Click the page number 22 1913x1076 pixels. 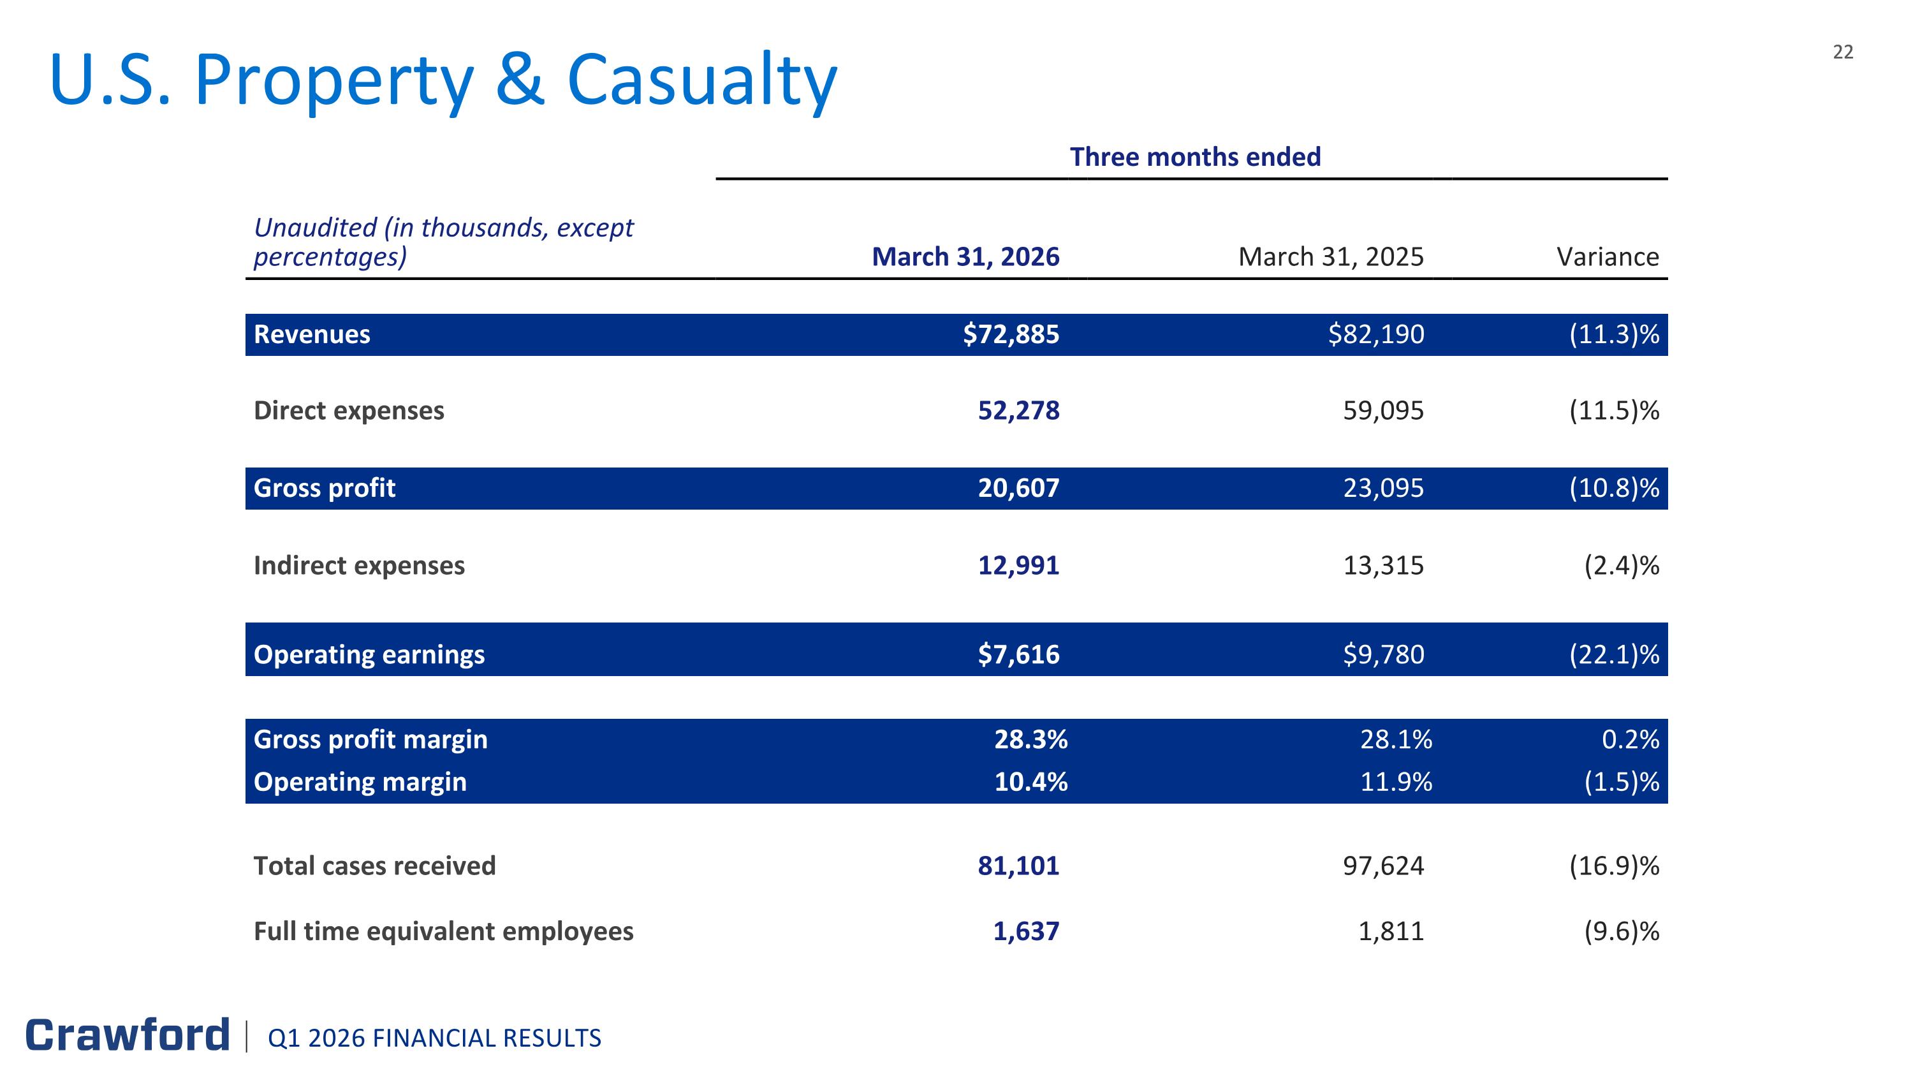point(1843,52)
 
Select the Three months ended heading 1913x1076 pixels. point(1195,157)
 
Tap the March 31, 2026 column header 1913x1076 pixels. point(965,256)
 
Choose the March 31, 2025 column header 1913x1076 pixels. point(1331,256)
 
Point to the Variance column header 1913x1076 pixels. point(1608,256)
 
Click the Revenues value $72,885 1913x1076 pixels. point(1011,334)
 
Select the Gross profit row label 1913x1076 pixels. point(325,488)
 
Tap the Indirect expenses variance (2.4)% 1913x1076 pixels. point(1622,566)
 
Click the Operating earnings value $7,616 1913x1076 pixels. point(1018,654)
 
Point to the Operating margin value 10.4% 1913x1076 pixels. point(1030,781)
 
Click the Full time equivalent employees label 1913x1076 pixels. point(443,931)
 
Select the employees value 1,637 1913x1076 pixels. point(1026,931)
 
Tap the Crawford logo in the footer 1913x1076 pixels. point(128,1035)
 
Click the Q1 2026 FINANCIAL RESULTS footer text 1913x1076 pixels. point(434,1038)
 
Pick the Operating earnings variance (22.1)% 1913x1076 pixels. point(1615,654)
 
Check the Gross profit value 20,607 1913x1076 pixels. point(1018,488)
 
